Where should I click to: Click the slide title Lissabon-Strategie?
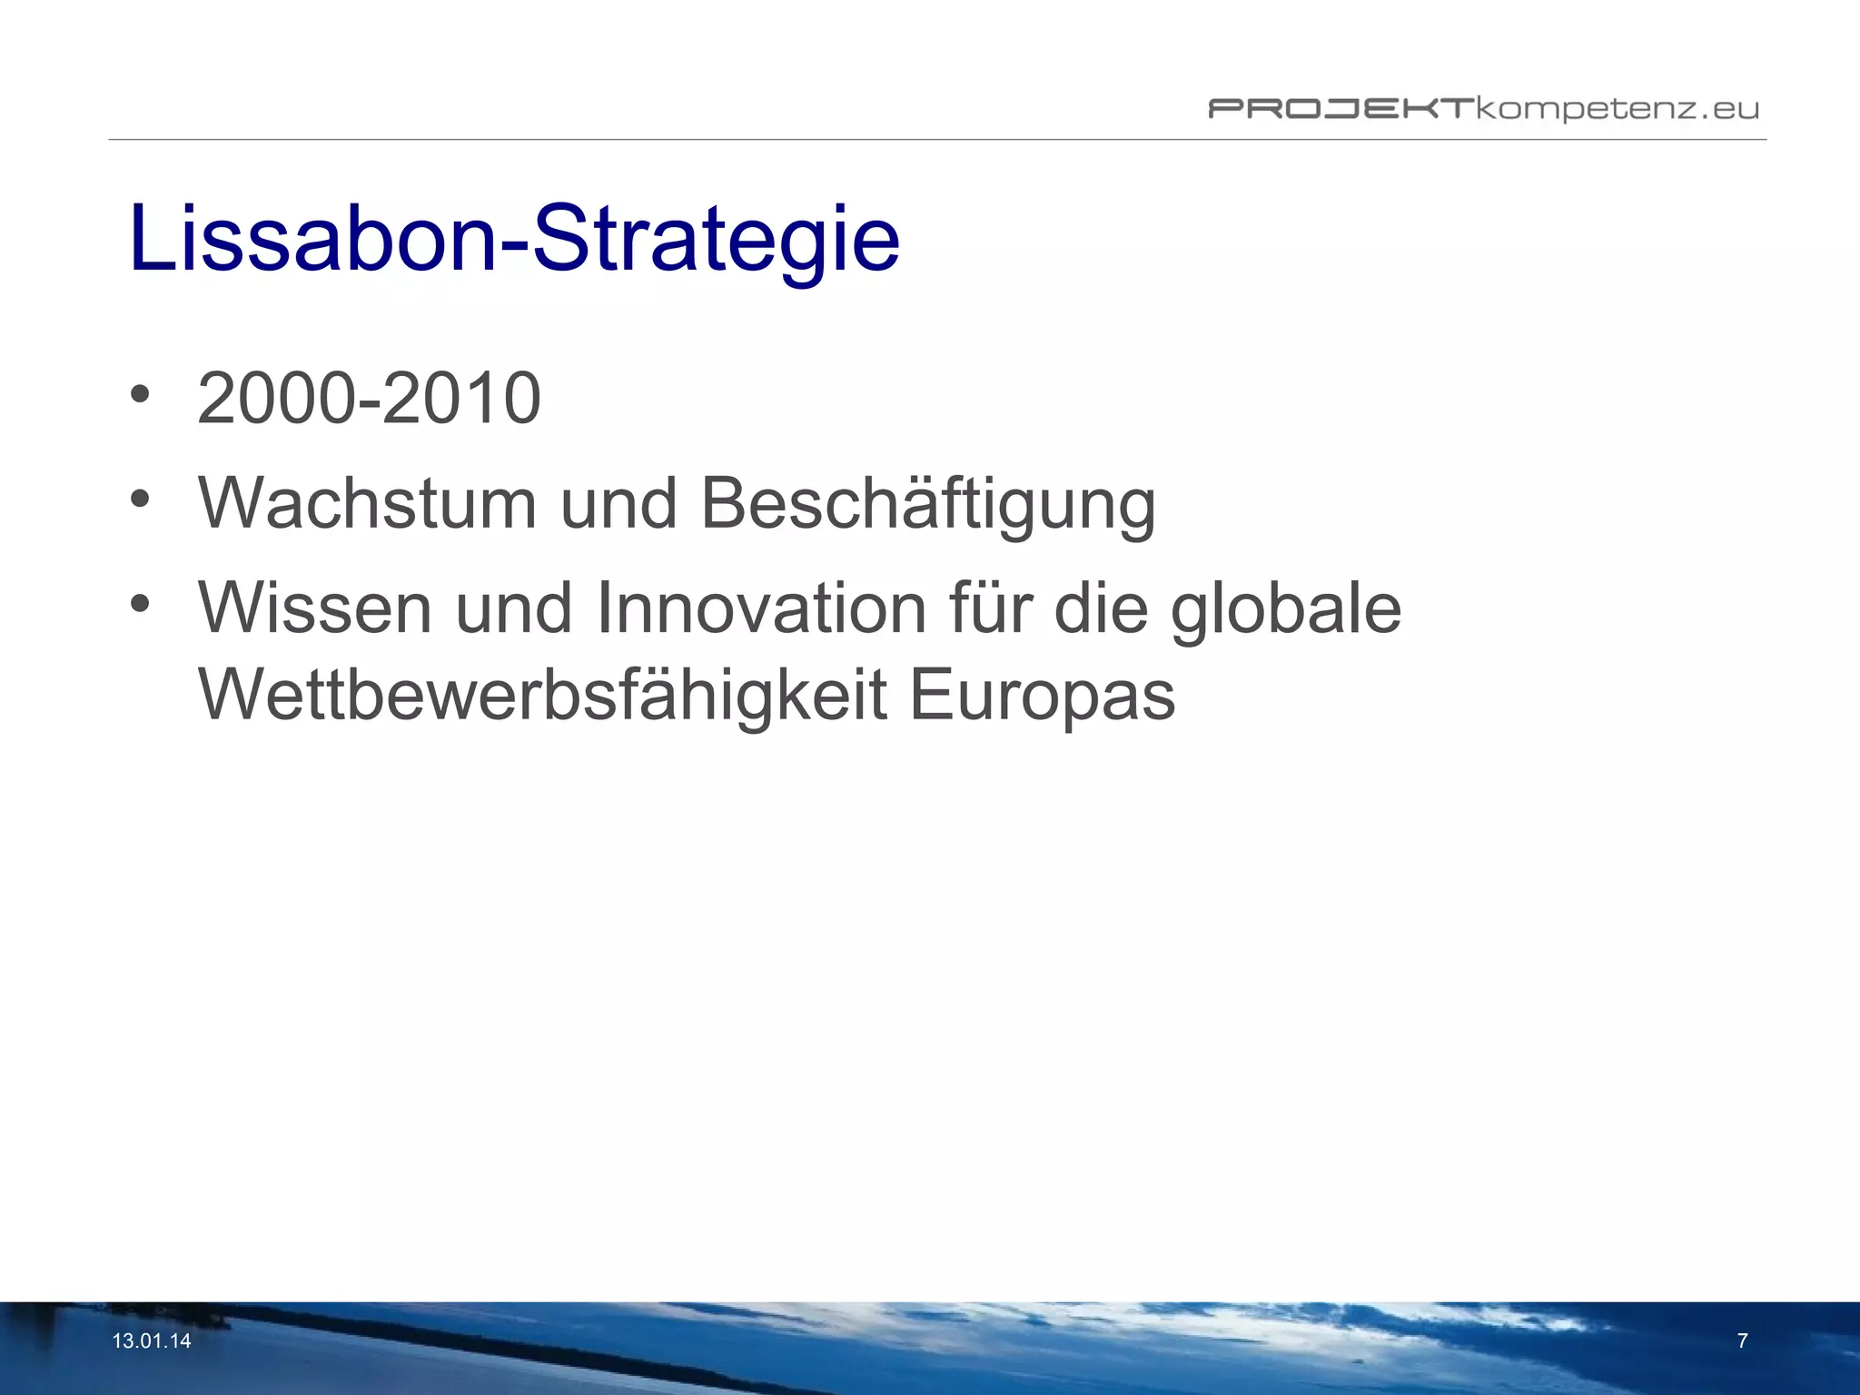click(514, 239)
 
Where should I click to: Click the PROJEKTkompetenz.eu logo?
click(1483, 110)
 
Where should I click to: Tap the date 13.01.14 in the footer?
click(152, 1341)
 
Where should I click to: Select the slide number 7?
click(1742, 1341)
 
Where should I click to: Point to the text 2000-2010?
click(369, 399)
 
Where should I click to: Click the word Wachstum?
click(368, 503)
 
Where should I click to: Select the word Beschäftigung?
click(928, 505)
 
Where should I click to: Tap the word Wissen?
click(315, 608)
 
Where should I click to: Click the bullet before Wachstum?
click(139, 500)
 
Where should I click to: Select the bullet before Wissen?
click(139, 604)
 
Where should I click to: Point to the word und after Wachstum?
click(618, 504)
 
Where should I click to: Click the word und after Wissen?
click(513, 608)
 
